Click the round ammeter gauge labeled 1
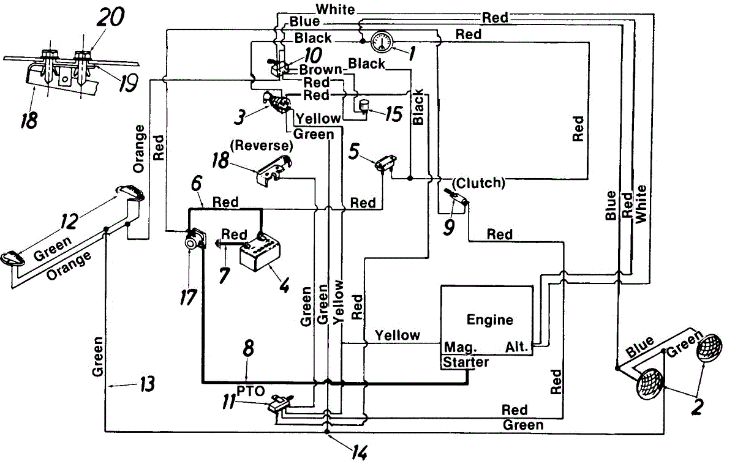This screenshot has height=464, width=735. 382,42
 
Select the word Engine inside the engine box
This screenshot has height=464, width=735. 489,320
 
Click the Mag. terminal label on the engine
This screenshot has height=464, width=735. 460,347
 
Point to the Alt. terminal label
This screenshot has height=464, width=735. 516,347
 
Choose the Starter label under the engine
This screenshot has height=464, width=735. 466,362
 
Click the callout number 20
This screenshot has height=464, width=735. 111,17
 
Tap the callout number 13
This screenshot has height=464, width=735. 148,384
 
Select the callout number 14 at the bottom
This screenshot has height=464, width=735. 360,453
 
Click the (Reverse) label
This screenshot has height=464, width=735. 261,145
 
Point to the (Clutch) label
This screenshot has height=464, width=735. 478,183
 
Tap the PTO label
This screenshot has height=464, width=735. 251,391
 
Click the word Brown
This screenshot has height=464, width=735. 321,70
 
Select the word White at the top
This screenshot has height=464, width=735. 336,10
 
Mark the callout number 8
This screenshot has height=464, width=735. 249,348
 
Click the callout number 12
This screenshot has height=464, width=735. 70,221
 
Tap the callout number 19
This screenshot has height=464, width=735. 127,83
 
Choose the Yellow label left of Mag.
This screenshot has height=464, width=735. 398,335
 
